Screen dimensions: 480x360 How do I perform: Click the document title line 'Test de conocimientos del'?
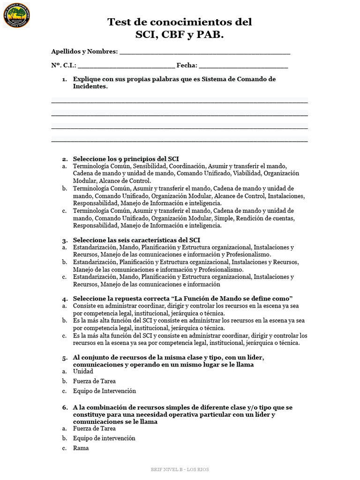(x=180, y=22)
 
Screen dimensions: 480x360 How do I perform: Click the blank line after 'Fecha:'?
(x=243, y=67)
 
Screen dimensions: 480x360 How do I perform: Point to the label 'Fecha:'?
(x=187, y=66)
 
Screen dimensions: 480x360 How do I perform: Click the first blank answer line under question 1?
(x=180, y=101)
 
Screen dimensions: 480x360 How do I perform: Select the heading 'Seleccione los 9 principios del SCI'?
(x=126, y=159)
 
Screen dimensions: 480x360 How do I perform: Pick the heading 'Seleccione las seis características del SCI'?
(x=136, y=240)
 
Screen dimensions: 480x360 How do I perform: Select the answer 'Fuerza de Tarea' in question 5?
(x=94, y=381)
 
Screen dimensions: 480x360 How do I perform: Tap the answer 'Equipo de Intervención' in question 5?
(x=104, y=391)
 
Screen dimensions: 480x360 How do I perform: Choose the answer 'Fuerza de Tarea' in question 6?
(x=94, y=428)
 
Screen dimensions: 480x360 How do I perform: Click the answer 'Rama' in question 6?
(x=81, y=448)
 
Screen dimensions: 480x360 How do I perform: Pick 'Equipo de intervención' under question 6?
(x=104, y=438)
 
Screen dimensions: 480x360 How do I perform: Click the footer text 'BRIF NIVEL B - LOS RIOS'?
(x=180, y=469)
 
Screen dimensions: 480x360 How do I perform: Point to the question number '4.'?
(x=65, y=299)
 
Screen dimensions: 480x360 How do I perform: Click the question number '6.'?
(x=65, y=408)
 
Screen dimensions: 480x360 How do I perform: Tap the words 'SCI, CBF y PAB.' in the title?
(x=180, y=35)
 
